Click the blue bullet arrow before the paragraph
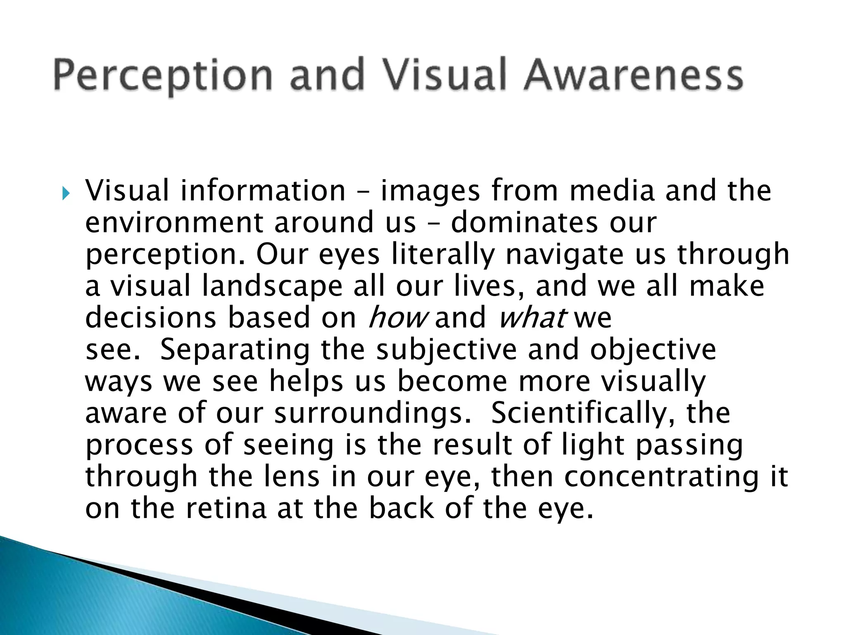66,193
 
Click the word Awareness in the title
633,76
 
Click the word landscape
272,286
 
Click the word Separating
235,350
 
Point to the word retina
226,508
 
